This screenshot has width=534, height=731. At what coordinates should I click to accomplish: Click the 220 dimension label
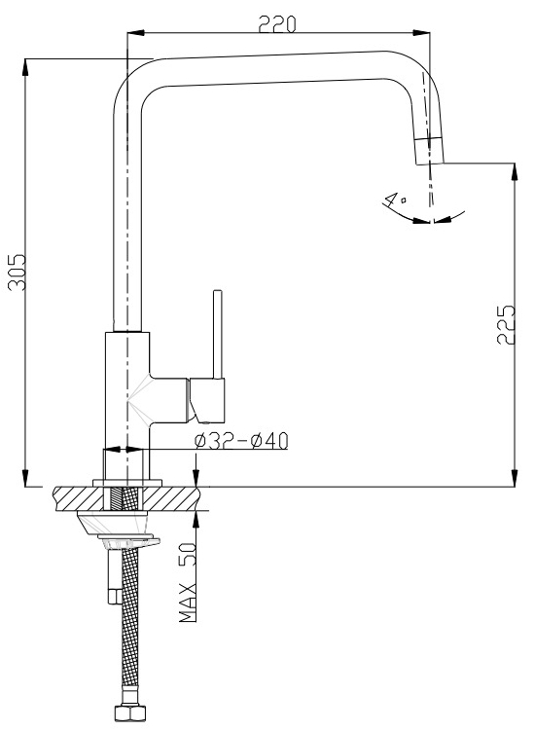[x=277, y=23]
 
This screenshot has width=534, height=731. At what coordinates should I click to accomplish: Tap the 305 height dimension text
[x=18, y=272]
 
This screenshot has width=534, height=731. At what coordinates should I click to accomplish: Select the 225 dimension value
[x=506, y=325]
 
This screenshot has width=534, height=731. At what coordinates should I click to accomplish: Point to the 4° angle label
[x=394, y=200]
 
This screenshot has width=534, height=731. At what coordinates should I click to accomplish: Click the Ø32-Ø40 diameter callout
[x=241, y=441]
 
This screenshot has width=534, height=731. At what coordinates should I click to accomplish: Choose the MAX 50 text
[x=188, y=582]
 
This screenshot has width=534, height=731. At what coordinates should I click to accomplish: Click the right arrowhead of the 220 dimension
[x=421, y=33]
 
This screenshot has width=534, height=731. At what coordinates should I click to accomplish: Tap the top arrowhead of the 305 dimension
[x=25, y=68]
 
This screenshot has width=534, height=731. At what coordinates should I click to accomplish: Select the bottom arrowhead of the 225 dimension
[x=514, y=477]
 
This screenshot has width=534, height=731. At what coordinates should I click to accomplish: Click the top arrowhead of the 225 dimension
[x=514, y=172]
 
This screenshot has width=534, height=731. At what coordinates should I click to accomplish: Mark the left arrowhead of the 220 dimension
[x=136, y=33]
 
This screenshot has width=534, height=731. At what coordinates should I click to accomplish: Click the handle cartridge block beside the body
[x=207, y=400]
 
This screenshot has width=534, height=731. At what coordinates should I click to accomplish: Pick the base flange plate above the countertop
[x=127, y=483]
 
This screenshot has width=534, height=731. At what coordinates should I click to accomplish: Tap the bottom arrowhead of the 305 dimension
[x=25, y=477]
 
